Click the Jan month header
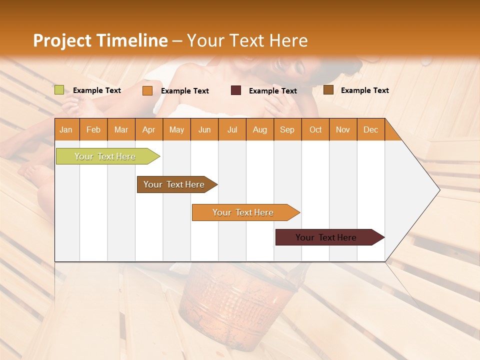tap(66, 129)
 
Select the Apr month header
tap(148, 129)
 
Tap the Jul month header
tap(232, 129)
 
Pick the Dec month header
tap(370, 129)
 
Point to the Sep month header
tap(287, 129)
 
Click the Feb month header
tap(93, 129)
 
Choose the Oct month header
tap(315, 129)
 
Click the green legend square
tap(59, 90)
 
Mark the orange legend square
tap(147, 90)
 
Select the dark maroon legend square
tap(236, 90)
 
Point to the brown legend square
tap(328, 90)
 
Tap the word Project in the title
tap(62, 40)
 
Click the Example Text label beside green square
tap(97, 90)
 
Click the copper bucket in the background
tap(240, 305)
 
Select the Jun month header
tap(204, 129)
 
